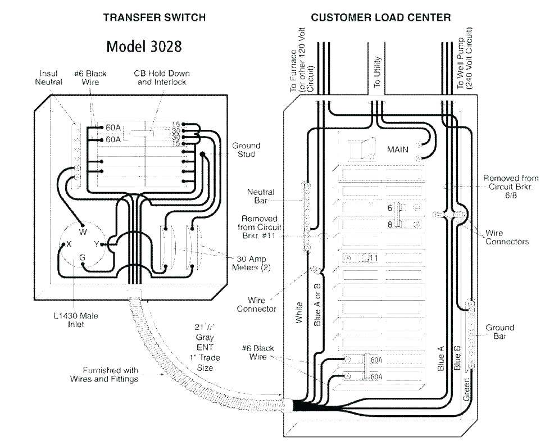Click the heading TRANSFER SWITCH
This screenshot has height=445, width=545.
154,17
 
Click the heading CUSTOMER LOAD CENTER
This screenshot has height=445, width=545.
380,17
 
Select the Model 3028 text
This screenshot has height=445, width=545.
144,46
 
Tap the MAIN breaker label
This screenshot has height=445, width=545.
398,149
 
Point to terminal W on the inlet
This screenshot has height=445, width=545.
83,231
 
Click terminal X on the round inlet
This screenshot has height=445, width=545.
69,244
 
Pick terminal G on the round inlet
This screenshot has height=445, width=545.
83,257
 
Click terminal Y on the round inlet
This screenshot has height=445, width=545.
97,244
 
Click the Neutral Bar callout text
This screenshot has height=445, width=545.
261,196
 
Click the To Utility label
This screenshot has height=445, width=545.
377,71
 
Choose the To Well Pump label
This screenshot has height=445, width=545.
464,63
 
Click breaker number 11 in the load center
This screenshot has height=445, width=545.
373,258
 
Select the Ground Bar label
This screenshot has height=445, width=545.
499,332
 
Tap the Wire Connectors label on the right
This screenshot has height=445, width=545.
507,237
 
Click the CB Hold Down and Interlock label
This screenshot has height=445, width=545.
162,78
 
